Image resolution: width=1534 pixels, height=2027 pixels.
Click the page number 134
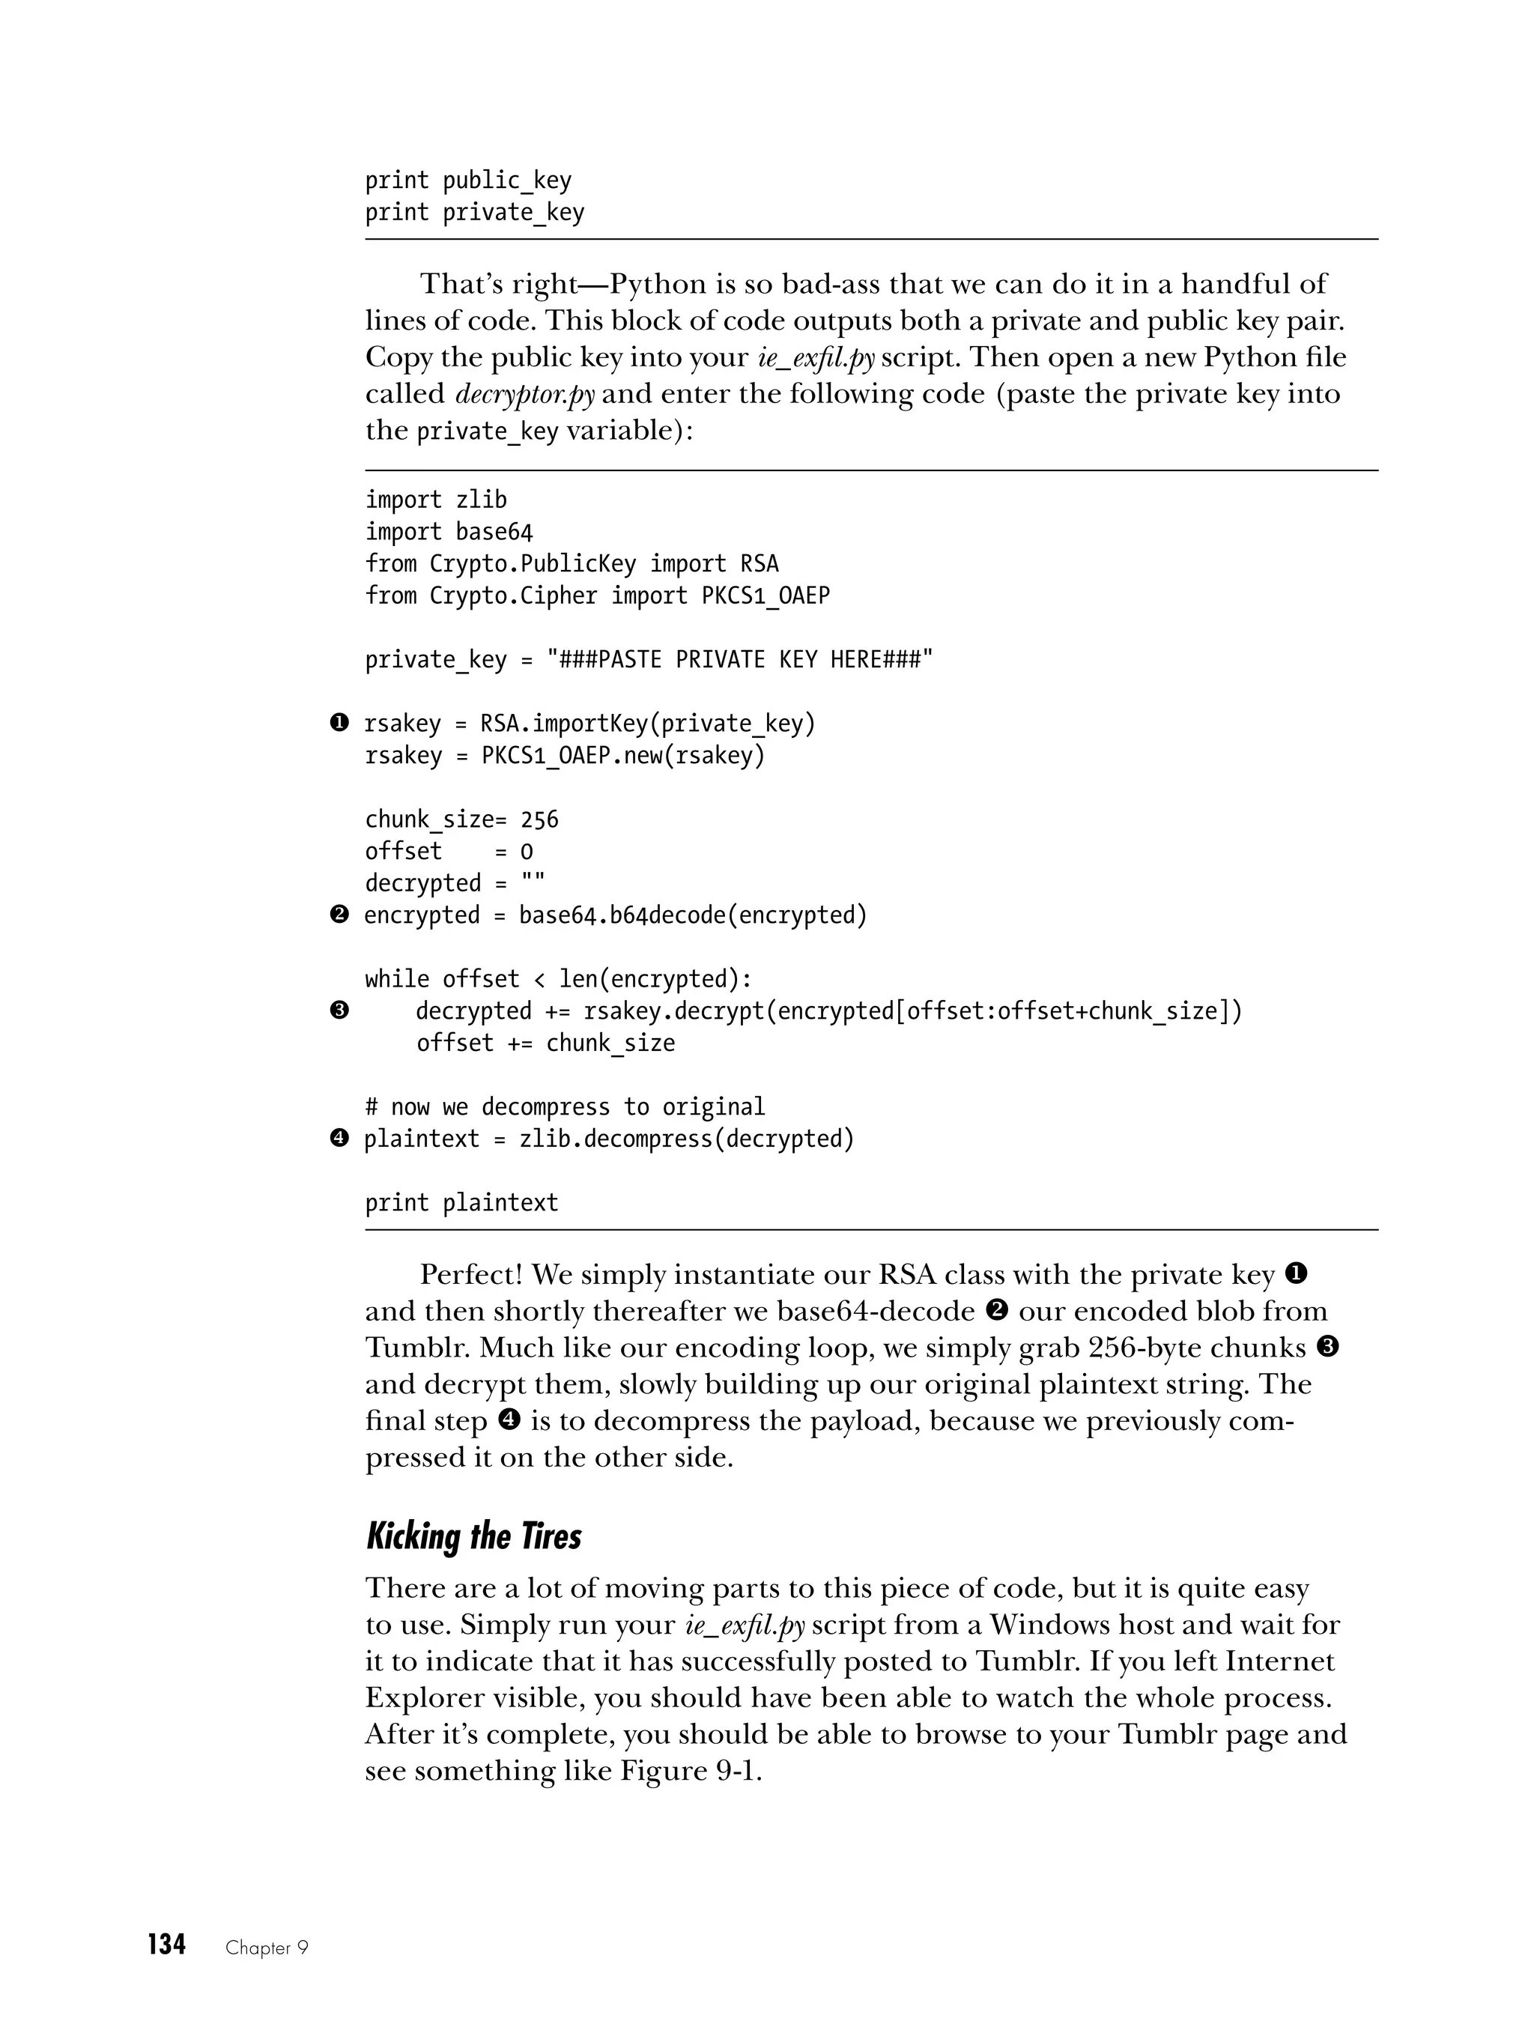pos(167,1945)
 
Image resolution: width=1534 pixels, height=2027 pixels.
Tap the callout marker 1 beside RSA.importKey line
pos(339,723)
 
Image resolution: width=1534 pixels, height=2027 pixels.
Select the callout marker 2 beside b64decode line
pos(339,915)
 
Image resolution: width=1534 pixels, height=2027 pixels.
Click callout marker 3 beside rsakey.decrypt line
pos(339,1011)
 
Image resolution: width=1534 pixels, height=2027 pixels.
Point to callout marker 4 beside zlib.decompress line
pos(339,1138)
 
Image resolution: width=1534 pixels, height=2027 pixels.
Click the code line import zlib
pos(435,500)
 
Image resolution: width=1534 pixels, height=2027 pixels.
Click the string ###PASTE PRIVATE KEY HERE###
pos(739,660)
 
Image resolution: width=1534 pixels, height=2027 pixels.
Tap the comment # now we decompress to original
pos(565,1107)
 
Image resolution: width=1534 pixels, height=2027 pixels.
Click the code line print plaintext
pos(461,1202)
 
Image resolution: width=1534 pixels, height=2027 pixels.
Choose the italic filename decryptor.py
pos(524,394)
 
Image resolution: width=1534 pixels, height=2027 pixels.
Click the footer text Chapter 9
pos(267,1948)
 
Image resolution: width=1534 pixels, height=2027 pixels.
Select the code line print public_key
pos(467,181)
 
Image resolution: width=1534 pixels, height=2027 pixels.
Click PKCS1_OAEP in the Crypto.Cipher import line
pos(766,596)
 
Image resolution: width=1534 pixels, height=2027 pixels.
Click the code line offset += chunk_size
pos(545,1043)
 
